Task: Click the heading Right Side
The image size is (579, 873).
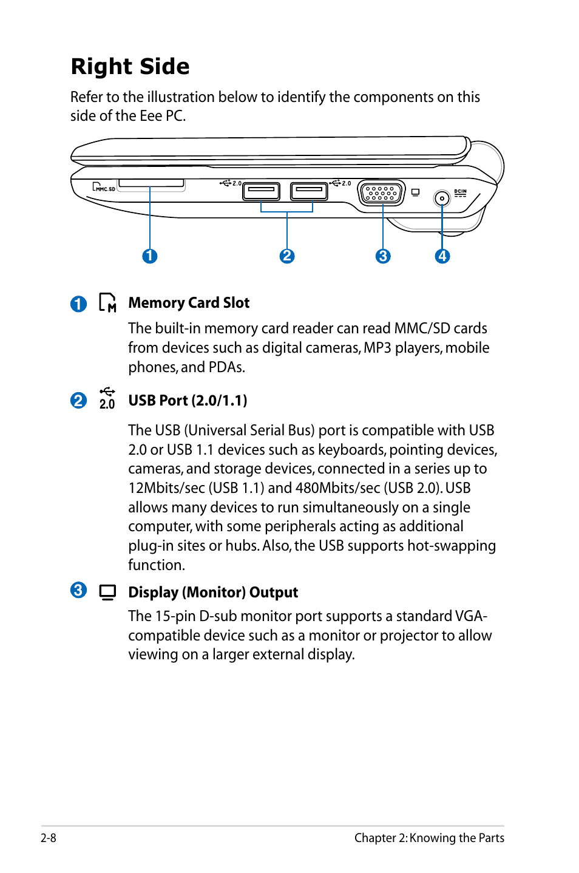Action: [x=130, y=66]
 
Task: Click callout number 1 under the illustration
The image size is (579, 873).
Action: [x=150, y=256]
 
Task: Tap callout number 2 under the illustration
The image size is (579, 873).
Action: [x=287, y=256]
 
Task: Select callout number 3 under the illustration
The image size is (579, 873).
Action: [x=383, y=256]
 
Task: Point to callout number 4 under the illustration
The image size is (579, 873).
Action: [x=442, y=256]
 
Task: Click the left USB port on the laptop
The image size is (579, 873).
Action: [x=261, y=191]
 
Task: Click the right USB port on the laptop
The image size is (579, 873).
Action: [x=309, y=191]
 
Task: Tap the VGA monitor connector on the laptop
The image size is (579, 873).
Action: [x=381, y=193]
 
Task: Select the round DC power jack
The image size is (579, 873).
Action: [x=442, y=198]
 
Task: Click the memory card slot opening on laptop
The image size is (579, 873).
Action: [x=151, y=183]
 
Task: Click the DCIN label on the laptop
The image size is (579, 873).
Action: [x=461, y=192]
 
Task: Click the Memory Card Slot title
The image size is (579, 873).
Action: [x=189, y=303]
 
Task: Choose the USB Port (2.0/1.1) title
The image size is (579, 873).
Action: [x=188, y=401]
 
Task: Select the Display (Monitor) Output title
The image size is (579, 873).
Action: [x=213, y=593]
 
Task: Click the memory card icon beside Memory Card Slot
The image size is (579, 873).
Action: [x=107, y=302]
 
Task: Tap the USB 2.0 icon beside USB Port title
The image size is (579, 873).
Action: [x=107, y=398]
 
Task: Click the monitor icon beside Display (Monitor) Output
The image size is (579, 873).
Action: [x=107, y=592]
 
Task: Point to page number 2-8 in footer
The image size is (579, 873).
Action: [x=49, y=838]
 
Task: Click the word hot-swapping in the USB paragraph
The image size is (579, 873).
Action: [x=452, y=546]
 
